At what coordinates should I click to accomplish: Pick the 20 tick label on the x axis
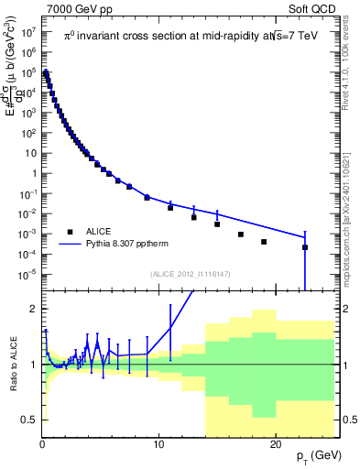[x=276, y=444]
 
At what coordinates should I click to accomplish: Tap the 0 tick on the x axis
[x=42, y=444]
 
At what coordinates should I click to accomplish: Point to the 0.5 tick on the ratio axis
[x=28, y=420]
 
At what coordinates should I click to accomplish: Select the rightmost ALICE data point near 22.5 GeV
[x=305, y=247]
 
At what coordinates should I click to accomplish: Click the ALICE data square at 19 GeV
[x=264, y=242]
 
